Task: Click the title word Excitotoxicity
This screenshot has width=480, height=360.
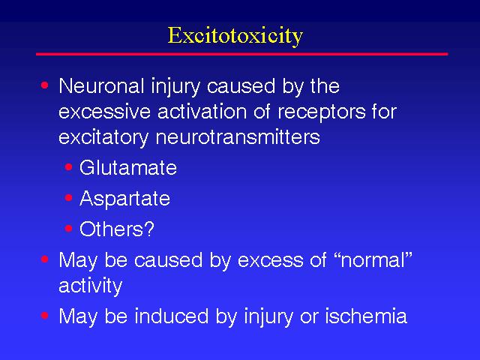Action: click(x=235, y=37)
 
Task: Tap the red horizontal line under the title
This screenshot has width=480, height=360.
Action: click(x=241, y=54)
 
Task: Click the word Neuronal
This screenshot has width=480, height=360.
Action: click(x=101, y=85)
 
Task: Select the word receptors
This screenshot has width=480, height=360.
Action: click(x=322, y=112)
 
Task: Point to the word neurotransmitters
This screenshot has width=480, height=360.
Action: click(x=238, y=137)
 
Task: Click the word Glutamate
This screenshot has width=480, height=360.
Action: click(x=128, y=167)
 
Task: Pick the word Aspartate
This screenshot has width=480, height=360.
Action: click(x=124, y=199)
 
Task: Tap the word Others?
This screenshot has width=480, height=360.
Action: click(x=117, y=229)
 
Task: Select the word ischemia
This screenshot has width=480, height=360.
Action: click(x=366, y=316)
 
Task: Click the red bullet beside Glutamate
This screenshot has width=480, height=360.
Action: click(x=68, y=166)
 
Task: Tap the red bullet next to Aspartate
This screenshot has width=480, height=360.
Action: click(x=68, y=198)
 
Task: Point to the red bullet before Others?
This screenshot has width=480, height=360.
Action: click(x=68, y=228)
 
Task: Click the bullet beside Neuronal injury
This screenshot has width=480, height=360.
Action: click(x=45, y=85)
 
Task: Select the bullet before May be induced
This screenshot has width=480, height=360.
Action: click(x=45, y=315)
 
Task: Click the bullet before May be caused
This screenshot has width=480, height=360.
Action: click(x=45, y=259)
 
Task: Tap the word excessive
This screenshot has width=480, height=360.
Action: click(x=104, y=112)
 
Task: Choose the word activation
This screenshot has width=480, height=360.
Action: click(x=202, y=112)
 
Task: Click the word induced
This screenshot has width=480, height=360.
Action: click(x=172, y=316)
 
